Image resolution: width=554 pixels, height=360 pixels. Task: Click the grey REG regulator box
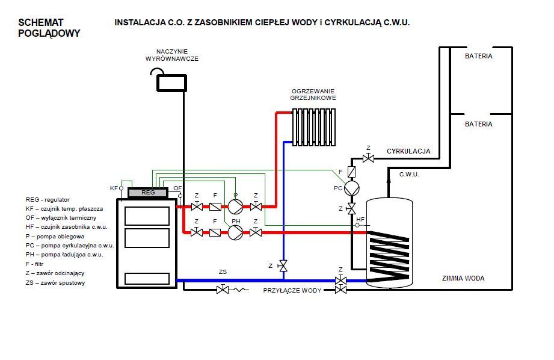point(148,193)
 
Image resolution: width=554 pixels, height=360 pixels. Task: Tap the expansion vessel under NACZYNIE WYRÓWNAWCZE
point(171,82)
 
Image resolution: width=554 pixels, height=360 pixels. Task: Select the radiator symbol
point(314,127)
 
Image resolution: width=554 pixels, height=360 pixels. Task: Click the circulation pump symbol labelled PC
point(351,188)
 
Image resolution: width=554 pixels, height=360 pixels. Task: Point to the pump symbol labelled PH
point(235,233)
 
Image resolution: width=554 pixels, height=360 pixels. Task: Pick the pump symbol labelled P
point(235,206)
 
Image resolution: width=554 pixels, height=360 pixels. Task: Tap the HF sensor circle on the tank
point(357,225)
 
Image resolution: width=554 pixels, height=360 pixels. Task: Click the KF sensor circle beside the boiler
point(121,188)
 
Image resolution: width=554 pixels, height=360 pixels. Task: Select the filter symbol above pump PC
point(351,172)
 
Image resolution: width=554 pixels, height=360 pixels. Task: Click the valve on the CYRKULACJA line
point(368,158)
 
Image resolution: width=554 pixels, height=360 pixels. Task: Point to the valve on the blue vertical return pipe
point(283,265)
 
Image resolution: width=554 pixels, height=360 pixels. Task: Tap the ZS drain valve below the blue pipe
point(223,290)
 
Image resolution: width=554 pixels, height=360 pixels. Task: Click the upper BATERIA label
point(478,56)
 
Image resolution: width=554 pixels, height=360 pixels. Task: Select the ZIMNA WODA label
point(463,278)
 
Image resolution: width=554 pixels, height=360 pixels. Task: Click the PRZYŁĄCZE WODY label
point(292,290)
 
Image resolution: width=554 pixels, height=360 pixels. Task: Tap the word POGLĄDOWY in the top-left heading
point(49,33)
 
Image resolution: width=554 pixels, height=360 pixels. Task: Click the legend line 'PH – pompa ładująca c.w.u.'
point(64,255)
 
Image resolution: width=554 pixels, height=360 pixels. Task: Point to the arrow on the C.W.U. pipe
point(389,181)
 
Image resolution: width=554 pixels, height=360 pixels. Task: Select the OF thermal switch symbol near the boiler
point(180,195)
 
